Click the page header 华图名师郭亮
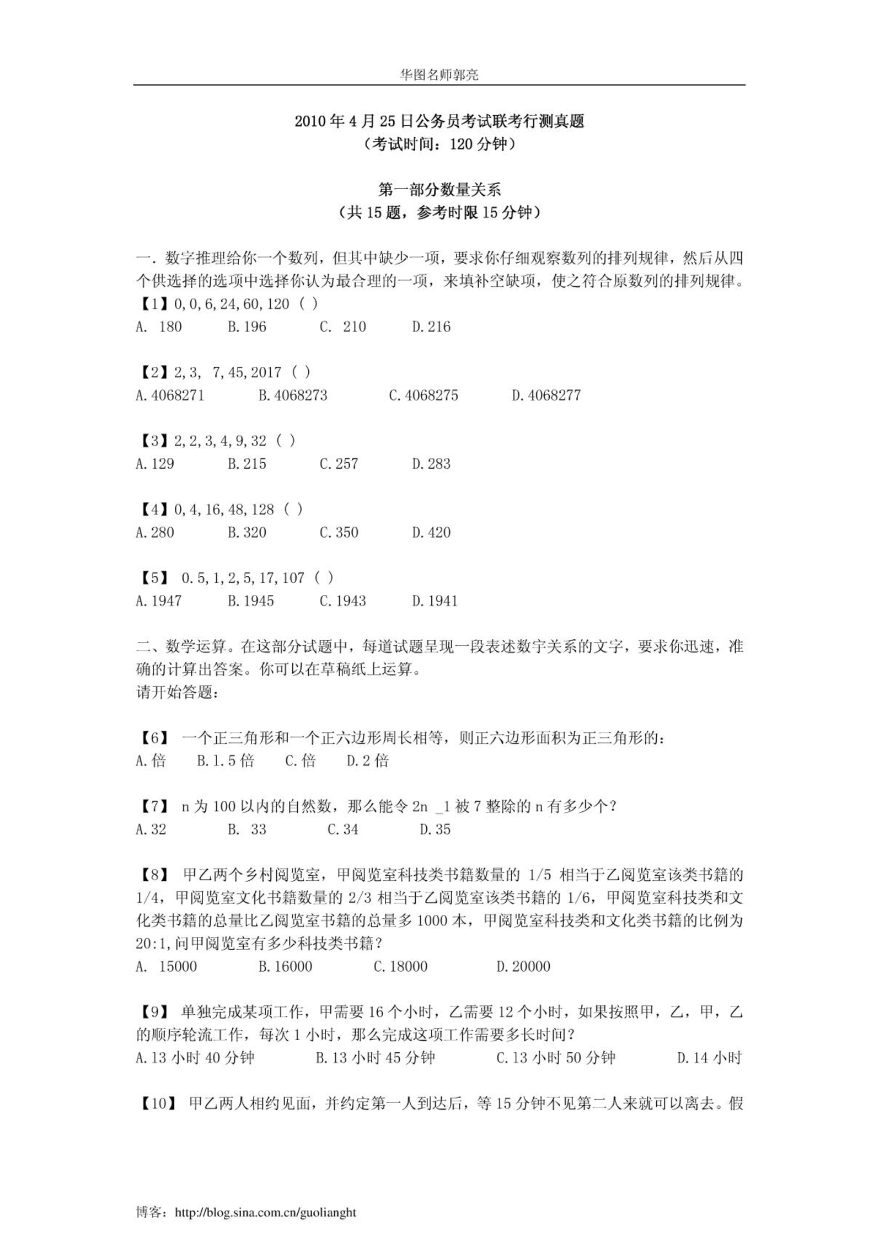[x=439, y=75]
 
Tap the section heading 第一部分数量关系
[x=439, y=190]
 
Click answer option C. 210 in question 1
[x=342, y=326]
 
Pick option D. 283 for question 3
[x=431, y=464]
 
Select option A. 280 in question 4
[x=154, y=532]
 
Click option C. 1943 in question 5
[x=342, y=601]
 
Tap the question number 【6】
[x=151, y=738]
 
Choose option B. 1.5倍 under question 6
[x=225, y=761]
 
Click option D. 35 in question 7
[x=435, y=829]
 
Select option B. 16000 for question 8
[x=285, y=966]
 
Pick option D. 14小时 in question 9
[x=709, y=1058]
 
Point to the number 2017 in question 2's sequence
[x=266, y=372]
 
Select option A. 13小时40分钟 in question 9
[x=195, y=1058]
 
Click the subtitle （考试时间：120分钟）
[x=439, y=144]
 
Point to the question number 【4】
[x=151, y=510]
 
